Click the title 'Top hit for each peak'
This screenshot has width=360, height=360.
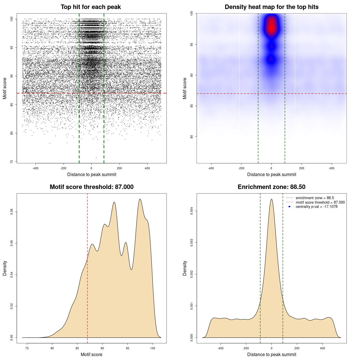click(91, 7)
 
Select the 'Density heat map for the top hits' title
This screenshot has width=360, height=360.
click(271, 7)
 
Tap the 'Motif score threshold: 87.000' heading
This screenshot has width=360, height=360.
click(91, 187)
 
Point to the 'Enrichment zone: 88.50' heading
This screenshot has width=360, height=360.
click(271, 187)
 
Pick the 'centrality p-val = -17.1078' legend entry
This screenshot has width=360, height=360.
click(316, 207)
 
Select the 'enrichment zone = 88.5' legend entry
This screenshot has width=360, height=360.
click(315, 198)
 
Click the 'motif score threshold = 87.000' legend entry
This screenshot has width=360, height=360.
click(320, 202)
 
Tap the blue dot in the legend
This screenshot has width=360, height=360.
click(289, 207)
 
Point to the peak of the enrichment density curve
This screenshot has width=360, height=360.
click(271, 199)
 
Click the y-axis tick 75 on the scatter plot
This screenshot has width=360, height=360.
click(12, 162)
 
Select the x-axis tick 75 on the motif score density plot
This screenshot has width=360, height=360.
click(27, 348)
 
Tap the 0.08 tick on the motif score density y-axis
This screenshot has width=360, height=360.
click(12, 211)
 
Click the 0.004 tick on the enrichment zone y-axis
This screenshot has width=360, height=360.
click(192, 211)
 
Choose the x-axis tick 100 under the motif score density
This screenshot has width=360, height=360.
click(153, 348)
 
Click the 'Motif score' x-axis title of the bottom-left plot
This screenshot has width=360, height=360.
click(91, 354)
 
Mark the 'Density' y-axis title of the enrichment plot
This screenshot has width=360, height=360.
click(185, 268)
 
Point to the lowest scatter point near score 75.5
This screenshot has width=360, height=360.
click(96, 157)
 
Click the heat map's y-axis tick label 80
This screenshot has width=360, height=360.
click(192, 137)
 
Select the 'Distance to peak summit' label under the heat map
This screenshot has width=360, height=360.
click(271, 174)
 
